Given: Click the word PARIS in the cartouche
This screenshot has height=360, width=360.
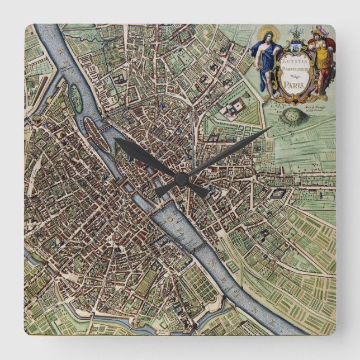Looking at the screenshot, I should coord(290,86).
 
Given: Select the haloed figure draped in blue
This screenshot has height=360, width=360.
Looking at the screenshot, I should coord(264,61).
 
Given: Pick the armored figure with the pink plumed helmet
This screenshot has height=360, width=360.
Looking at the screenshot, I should coord(320,61).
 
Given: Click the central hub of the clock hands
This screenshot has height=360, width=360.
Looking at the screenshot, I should coord(180,178).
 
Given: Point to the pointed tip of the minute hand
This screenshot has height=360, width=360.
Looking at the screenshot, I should coord(272,127).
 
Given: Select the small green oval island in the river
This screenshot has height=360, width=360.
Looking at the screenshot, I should coord(76,97).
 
